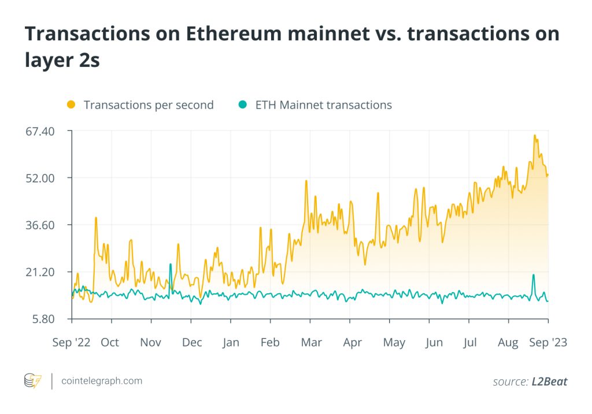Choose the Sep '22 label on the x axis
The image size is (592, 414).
tap(71, 342)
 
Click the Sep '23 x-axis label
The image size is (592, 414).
tap(548, 342)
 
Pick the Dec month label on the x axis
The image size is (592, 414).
tap(192, 342)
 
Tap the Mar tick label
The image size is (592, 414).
tap(311, 342)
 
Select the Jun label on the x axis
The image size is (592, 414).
tap(434, 342)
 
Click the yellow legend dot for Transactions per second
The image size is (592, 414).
tap(71, 105)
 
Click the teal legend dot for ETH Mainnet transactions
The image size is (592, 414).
tap(243, 105)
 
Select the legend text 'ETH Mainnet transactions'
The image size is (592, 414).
tap(323, 105)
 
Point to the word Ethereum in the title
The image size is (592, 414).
tap(221, 34)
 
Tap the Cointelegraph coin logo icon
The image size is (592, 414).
tap(32, 381)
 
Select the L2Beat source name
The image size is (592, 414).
tap(550, 382)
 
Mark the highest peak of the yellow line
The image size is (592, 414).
tap(535, 136)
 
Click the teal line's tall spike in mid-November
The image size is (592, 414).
tap(171, 264)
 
